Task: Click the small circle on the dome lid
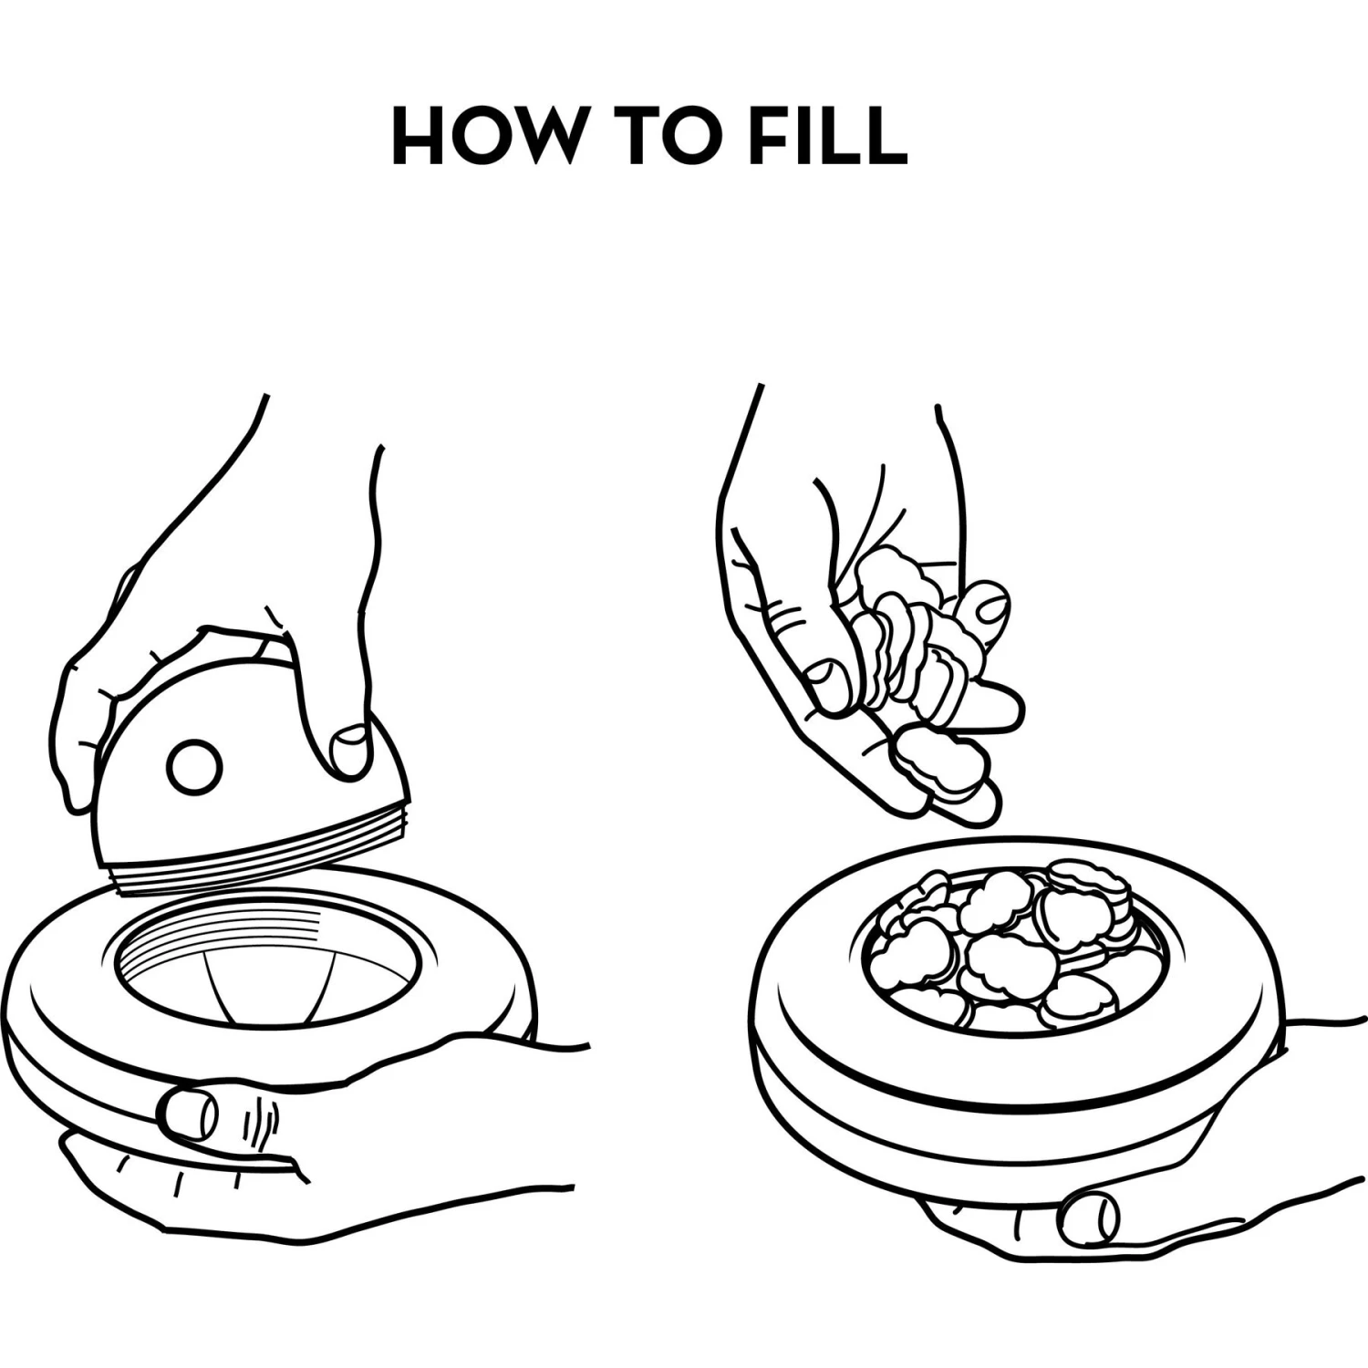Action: [195, 766]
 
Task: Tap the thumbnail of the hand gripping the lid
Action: [349, 751]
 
